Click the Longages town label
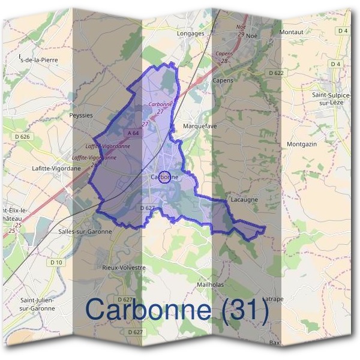point(191,34)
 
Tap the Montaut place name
point(291,31)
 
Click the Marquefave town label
point(200,127)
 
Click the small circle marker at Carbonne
point(167,176)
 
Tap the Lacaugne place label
point(244,199)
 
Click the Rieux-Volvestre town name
point(124,268)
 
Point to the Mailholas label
point(210,284)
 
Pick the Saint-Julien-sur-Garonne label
point(38,304)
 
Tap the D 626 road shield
point(22,137)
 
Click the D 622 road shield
point(276,73)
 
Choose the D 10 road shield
point(56,262)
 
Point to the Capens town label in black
point(223,80)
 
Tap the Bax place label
point(275,343)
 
